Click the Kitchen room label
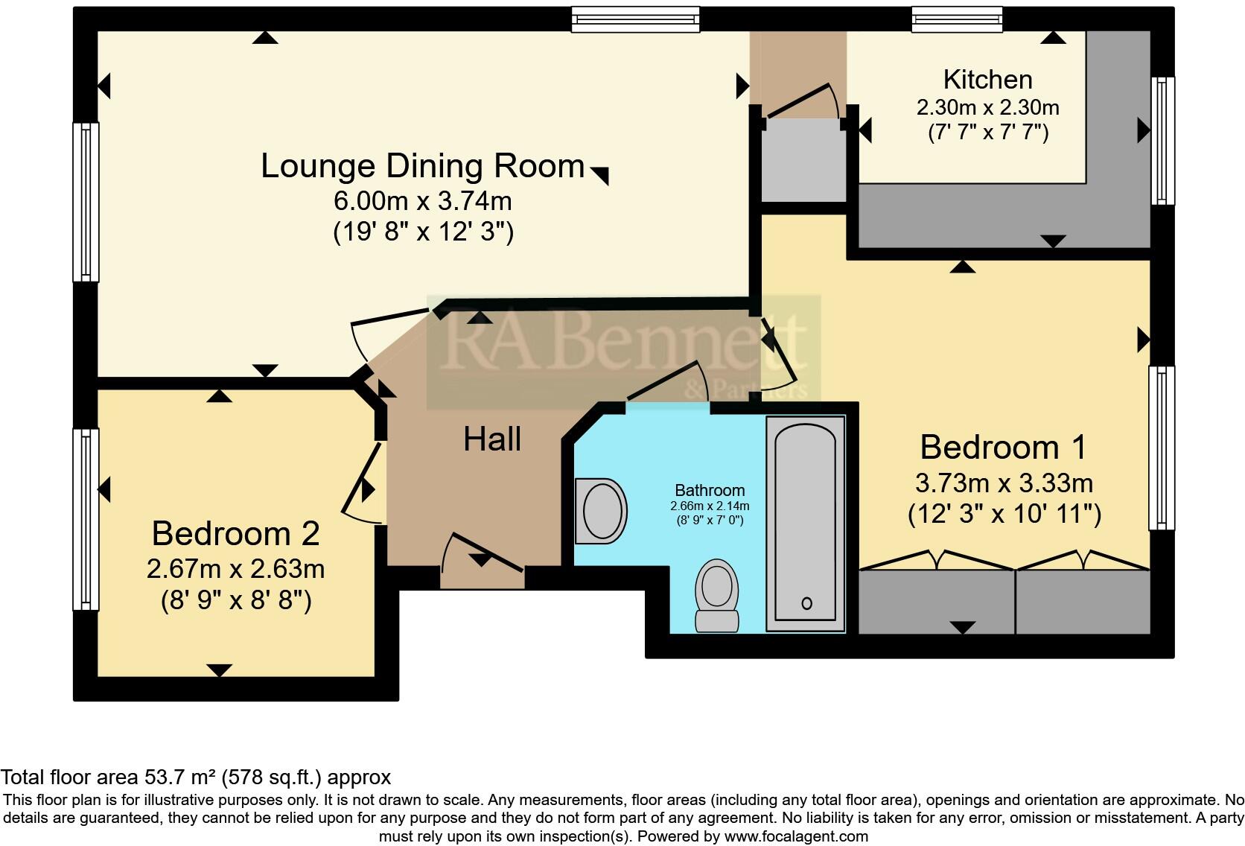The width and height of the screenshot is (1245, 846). click(x=987, y=80)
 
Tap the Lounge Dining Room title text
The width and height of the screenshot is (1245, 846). click(x=422, y=166)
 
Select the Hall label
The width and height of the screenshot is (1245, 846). click(x=492, y=439)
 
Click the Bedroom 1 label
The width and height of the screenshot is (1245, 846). click(x=1003, y=448)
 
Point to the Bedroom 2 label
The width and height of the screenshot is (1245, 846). click(x=235, y=534)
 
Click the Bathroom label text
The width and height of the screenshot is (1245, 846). click(x=710, y=490)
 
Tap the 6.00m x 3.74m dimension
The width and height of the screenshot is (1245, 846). click(x=422, y=200)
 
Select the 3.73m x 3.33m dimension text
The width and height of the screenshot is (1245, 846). click(x=1004, y=483)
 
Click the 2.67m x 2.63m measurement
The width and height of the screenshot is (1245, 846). click(x=235, y=569)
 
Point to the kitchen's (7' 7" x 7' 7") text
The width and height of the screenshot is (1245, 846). click(x=988, y=133)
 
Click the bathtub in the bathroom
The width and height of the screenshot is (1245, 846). click(x=806, y=524)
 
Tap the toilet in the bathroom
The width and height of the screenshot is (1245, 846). click(x=717, y=595)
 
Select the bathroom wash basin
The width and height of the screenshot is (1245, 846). click(x=601, y=511)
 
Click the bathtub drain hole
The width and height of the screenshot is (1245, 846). click(x=807, y=603)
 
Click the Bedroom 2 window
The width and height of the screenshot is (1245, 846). click(x=86, y=519)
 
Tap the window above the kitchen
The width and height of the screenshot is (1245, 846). click(x=957, y=19)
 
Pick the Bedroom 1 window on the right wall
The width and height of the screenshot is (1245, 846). click(x=1162, y=448)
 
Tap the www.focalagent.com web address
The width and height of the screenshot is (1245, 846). click(x=797, y=836)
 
